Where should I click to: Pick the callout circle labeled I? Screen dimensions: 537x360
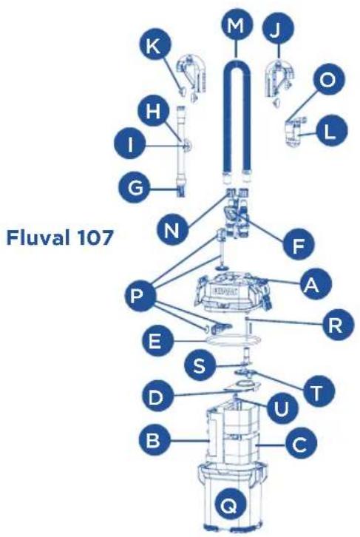pos(134,145)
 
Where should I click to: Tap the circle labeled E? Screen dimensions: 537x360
pos(154,342)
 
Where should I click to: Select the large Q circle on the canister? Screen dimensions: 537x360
pos(229,505)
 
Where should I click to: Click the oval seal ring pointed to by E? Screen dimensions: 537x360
pos(236,342)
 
